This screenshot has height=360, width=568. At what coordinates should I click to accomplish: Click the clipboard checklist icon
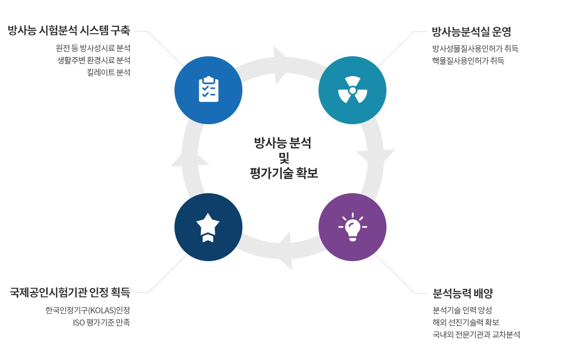[x=208, y=90]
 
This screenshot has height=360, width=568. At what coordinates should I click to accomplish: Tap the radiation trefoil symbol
[x=352, y=90]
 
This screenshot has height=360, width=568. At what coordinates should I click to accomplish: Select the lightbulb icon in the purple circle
[x=352, y=227]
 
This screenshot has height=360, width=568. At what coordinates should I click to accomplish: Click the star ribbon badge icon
[x=208, y=227]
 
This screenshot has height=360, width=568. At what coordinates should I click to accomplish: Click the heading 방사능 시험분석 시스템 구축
[x=69, y=31]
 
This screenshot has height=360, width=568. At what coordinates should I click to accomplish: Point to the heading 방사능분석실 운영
[x=471, y=32]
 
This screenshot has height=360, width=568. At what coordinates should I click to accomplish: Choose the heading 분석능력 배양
[x=463, y=294]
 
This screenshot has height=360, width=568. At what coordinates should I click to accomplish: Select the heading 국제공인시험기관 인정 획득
[x=70, y=293]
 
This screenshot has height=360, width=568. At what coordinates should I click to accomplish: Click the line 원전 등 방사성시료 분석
[x=93, y=49]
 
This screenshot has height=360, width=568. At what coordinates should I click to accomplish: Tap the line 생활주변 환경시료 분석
[x=94, y=60]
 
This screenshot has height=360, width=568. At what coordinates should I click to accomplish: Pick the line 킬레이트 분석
[x=109, y=73]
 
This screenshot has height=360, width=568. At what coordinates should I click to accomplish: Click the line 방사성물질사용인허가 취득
[x=475, y=49]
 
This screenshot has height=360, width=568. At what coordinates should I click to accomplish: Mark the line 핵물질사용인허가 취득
[x=468, y=61]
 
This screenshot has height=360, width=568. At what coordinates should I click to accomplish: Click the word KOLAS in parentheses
[x=101, y=310]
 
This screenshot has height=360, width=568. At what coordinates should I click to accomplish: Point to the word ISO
[x=79, y=322]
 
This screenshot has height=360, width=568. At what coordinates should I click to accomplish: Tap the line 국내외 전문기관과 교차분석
[x=476, y=335]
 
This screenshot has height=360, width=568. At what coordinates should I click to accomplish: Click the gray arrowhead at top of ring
[x=279, y=64]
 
